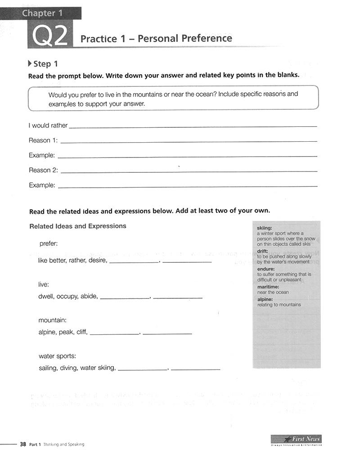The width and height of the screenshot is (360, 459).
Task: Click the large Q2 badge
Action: (50, 35)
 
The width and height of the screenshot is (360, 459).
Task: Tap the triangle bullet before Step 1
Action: (30, 63)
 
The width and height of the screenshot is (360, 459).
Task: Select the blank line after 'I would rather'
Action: (193, 126)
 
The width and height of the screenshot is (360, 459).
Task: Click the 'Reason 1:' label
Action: (43, 140)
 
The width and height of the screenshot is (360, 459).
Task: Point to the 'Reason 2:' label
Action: (43, 170)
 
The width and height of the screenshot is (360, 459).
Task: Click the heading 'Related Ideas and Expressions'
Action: (78, 226)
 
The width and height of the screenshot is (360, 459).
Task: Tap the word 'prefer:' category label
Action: (49, 243)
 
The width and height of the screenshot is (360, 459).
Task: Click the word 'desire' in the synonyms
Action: (99, 260)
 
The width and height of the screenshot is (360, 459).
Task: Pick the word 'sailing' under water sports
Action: (48, 368)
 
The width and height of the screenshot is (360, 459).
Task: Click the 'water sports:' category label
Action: (57, 356)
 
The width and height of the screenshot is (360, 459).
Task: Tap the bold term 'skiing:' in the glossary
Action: (264, 228)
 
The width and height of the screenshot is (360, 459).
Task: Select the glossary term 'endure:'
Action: (265, 269)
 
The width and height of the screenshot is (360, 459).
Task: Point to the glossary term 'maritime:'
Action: (268, 287)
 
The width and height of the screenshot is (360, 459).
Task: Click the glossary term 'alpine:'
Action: (265, 299)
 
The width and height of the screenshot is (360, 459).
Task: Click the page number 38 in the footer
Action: (22, 444)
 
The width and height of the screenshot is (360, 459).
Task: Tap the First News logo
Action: (296, 439)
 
